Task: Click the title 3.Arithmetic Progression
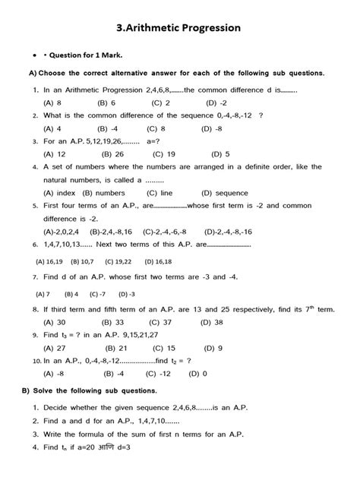(x=179, y=28)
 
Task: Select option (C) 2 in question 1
(x=160, y=102)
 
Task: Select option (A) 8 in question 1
(x=53, y=102)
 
